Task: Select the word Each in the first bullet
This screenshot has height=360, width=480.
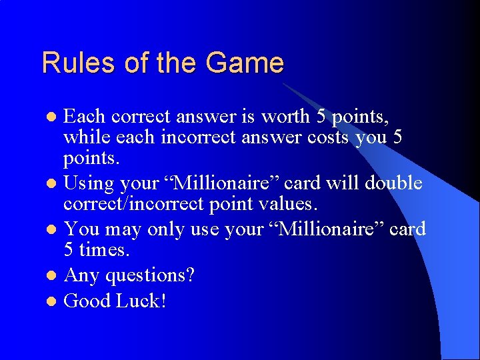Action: [85, 117]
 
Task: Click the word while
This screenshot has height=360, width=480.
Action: [84, 139]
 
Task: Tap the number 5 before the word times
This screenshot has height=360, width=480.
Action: [69, 251]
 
